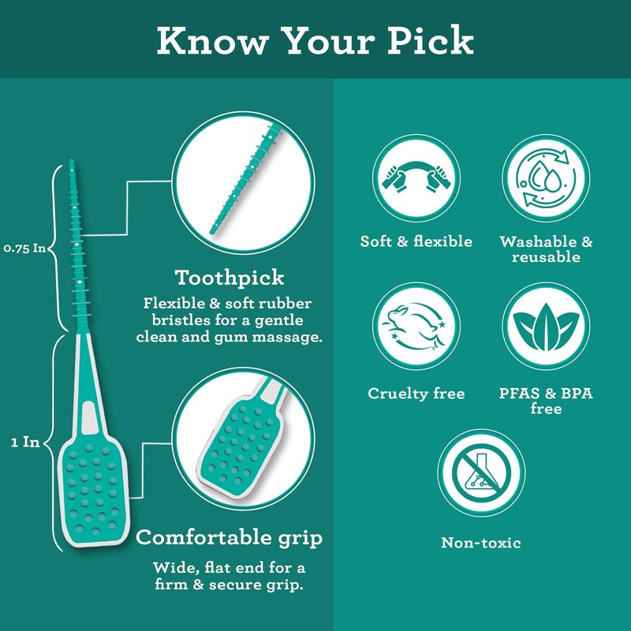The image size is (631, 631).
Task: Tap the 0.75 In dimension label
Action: point(24,248)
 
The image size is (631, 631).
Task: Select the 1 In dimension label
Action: point(25,442)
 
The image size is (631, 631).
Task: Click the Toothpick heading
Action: point(230,278)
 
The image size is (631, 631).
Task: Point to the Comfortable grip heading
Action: point(229,538)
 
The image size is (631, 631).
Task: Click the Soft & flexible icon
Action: point(416,178)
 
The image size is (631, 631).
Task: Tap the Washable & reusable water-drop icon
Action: point(546,178)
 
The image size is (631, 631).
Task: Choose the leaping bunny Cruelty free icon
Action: point(416,326)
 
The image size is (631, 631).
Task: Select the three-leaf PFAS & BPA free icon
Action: point(546,326)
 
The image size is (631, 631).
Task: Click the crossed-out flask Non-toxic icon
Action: point(481,472)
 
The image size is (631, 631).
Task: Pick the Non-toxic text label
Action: point(481,543)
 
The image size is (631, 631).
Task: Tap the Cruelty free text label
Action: point(416,393)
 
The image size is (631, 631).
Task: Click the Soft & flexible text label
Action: point(416,241)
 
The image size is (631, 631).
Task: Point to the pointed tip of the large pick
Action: point(72,160)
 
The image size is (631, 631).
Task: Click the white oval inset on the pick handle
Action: point(89,418)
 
